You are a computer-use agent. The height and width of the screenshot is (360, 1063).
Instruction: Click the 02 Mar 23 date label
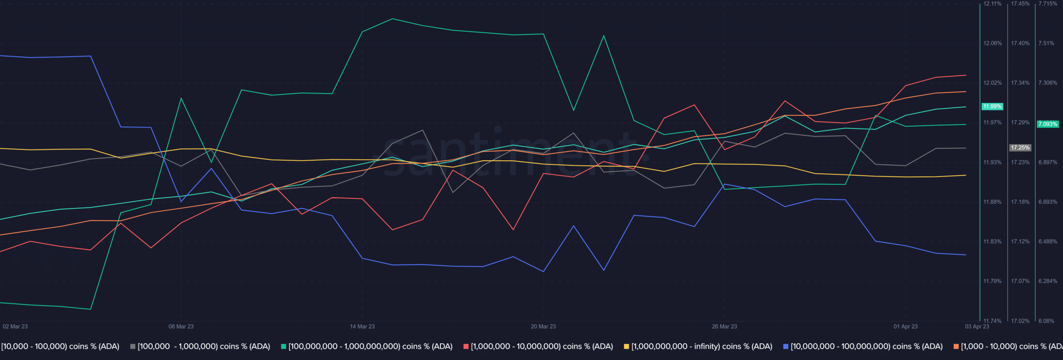(15, 326)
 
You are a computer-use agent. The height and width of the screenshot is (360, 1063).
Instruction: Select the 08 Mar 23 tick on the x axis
(181, 326)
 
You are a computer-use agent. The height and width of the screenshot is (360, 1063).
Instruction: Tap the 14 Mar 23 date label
(362, 326)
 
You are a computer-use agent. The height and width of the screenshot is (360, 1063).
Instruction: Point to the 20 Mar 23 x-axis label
(543, 326)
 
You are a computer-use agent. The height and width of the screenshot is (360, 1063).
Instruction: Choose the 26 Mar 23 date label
(724, 326)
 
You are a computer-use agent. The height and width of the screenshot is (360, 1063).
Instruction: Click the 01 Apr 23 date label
(906, 326)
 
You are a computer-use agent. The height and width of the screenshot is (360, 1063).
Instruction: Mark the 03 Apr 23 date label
(977, 326)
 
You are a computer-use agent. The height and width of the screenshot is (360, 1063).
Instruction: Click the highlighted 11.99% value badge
(992, 106)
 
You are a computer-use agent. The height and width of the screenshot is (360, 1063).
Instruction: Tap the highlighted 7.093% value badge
(1048, 124)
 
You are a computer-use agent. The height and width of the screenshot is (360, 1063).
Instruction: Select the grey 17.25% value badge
(1020, 147)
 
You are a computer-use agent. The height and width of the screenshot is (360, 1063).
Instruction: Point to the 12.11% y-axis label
(992, 4)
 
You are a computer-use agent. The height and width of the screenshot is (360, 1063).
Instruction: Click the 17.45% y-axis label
(1020, 4)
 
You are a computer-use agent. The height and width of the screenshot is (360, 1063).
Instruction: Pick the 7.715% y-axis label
(1048, 4)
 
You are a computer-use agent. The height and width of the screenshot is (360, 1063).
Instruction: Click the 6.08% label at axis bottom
(1046, 321)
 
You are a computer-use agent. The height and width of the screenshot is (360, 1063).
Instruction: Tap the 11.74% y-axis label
(992, 321)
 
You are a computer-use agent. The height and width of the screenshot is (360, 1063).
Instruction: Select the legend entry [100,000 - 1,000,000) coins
(203, 346)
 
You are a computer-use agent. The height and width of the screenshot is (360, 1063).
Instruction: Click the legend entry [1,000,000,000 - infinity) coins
(701, 346)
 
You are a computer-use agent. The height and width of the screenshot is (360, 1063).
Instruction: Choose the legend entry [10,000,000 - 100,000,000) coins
(866, 346)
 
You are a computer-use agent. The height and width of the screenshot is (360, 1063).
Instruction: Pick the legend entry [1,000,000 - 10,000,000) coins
(541, 346)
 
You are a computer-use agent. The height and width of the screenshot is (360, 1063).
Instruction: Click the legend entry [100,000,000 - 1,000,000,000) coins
(370, 346)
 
